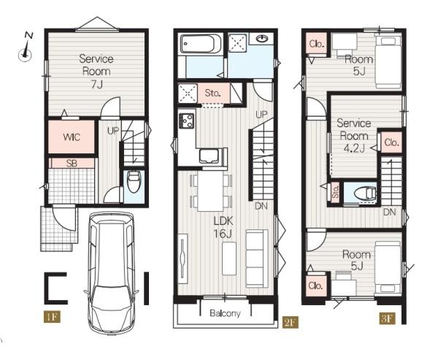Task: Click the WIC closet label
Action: (x=72, y=137)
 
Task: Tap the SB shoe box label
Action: (x=72, y=164)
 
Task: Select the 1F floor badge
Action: (x=52, y=317)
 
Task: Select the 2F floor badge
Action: (x=291, y=322)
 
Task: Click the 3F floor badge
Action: (x=388, y=318)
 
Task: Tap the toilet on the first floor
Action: (x=134, y=182)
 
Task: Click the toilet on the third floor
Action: (x=365, y=193)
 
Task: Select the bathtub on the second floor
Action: (x=201, y=44)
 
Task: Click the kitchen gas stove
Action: (x=186, y=120)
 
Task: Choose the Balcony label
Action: (x=225, y=313)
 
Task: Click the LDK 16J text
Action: (x=223, y=227)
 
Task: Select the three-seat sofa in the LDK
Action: (x=257, y=258)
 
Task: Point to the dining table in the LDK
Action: (x=211, y=192)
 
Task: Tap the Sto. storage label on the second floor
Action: (x=213, y=93)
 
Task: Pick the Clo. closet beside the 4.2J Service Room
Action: (x=391, y=142)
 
